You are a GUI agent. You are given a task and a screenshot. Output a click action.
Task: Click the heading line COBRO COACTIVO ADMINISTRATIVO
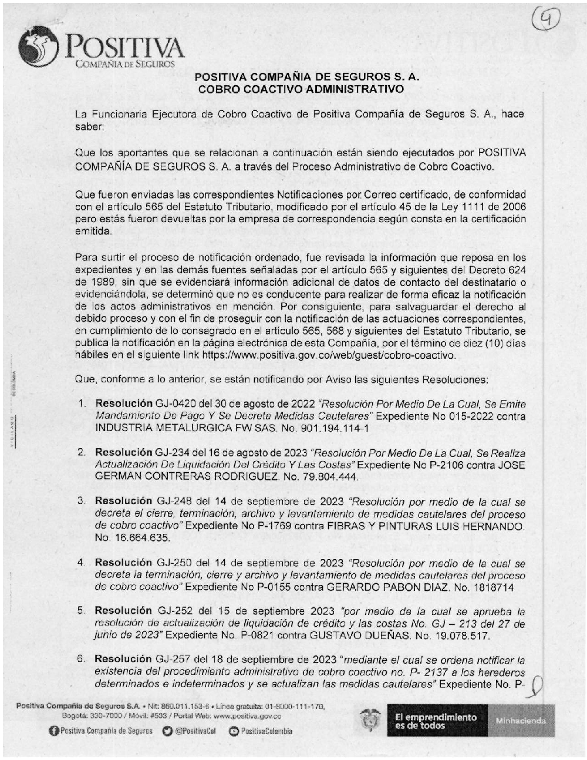[301, 89]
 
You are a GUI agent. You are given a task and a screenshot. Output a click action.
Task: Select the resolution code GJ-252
[173, 611]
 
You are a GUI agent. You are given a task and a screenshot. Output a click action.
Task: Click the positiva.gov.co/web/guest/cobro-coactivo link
[329, 355]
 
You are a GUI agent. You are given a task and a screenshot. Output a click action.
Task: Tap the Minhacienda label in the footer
[521, 721]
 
